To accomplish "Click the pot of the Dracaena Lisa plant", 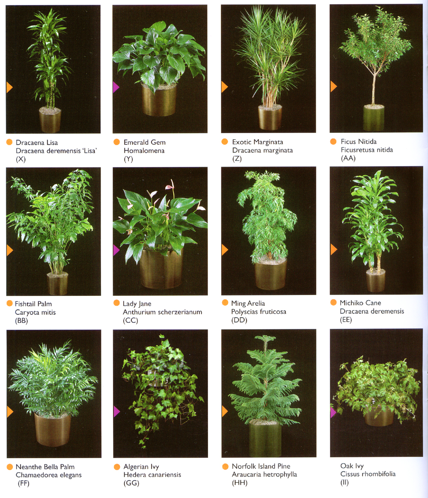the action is click(50, 120).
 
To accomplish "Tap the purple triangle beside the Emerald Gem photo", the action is click(116, 87).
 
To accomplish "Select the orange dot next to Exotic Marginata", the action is click(225, 142).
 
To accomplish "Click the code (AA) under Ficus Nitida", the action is click(348, 158).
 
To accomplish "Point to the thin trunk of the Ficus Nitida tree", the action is click(374, 89).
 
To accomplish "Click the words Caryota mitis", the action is click(35, 313).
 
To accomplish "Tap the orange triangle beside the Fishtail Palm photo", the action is click(10, 250).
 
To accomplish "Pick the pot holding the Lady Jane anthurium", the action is click(161, 268).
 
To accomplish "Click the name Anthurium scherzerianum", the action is click(163, 312).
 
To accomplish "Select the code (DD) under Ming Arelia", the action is click(239, 320).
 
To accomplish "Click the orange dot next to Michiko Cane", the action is click(333, 302).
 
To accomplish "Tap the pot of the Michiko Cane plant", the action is click(376, 281).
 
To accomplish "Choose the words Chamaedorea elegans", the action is click(49, 475).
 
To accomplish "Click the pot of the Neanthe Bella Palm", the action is click(52, 429).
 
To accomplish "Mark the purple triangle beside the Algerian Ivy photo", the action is click(117, 412).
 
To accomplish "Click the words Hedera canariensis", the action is click(152, 475).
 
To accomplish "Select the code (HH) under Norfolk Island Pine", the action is click(240, 483).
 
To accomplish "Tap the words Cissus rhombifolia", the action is click(368, 474).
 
